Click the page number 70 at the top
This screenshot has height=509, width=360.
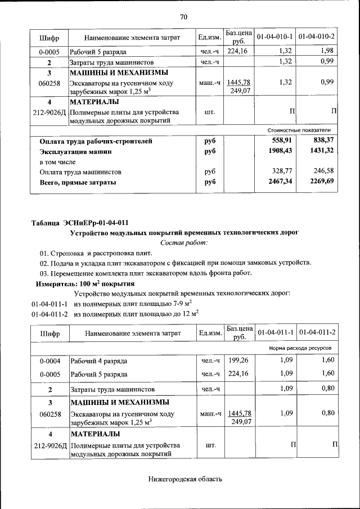coord(183,16)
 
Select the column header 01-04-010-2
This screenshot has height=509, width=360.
coord(317,37)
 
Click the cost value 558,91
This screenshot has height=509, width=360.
coord(282,141)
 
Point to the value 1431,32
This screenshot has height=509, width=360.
coord(322,151)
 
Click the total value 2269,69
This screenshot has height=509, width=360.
coord(322,182)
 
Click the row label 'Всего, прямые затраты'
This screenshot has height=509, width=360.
coord(78,182)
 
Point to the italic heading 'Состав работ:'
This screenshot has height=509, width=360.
coord(184,242)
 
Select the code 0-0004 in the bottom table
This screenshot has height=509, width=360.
coord(49,360)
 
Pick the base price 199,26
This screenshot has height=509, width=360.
coord(238,360)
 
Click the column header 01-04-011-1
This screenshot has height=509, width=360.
coord(275,333)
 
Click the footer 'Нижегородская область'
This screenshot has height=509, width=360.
coord(185,479)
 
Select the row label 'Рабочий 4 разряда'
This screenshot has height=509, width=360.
coord(99,360)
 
